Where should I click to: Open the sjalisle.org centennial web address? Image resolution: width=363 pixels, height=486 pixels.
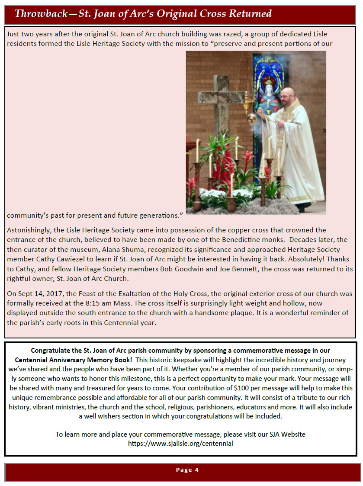(x=180, y=443)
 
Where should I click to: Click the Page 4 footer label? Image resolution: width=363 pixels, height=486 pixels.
(x=187, y=470)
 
